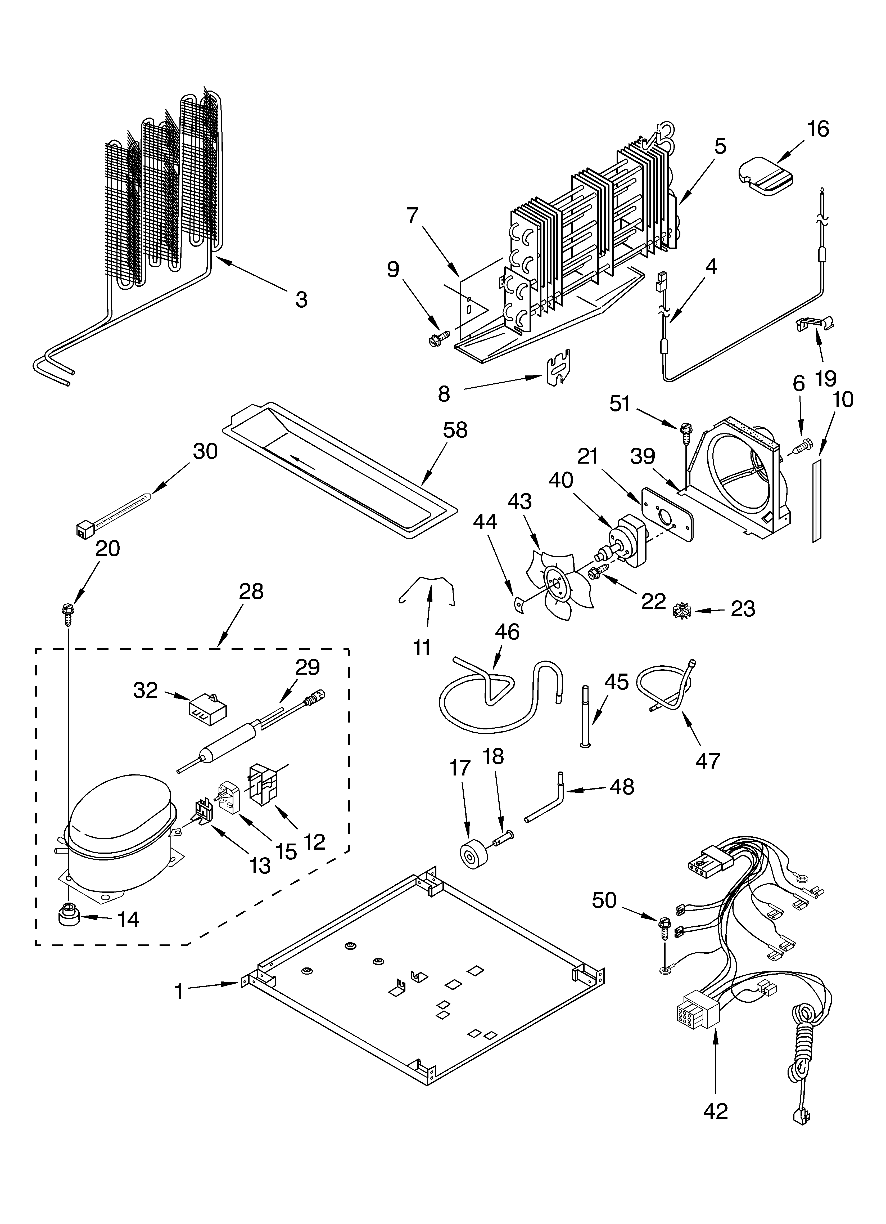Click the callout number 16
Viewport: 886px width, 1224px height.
(818, 129)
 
